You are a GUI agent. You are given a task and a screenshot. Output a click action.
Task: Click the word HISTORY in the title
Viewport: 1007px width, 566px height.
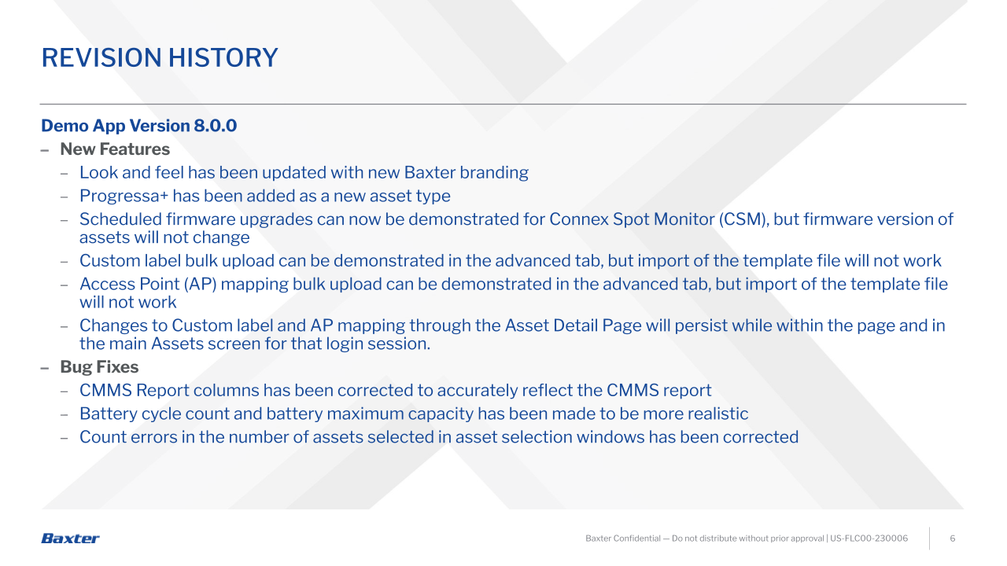(x=223, y=58)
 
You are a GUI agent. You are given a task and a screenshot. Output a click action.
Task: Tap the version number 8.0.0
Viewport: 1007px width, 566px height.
(x=216, y=126)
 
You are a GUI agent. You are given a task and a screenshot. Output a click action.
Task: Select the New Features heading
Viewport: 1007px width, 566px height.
(x=115, y=149)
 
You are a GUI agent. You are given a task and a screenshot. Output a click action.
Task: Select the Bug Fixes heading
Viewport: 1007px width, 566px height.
(x=99, y=367)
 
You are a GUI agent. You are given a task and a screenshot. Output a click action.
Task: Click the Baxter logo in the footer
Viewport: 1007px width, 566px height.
(x=70, y=538)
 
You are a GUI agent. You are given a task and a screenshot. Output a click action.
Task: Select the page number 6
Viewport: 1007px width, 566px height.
(x=952, y=538)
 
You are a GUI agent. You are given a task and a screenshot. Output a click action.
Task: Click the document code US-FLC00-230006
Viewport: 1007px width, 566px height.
(x=869, y=538)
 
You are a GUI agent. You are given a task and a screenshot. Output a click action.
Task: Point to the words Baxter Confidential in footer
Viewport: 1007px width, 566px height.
(x=622, y=538)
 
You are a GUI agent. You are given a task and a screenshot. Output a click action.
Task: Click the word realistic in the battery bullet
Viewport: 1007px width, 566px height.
(x=718, y=413)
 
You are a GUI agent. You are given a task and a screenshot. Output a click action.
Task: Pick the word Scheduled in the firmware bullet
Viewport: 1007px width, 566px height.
(x=120, y=219)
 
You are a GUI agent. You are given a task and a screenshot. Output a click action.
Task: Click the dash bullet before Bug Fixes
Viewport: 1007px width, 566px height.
(x=45, y=369)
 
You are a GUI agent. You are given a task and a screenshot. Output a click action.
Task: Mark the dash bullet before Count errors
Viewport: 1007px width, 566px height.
(x=65, y=438)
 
